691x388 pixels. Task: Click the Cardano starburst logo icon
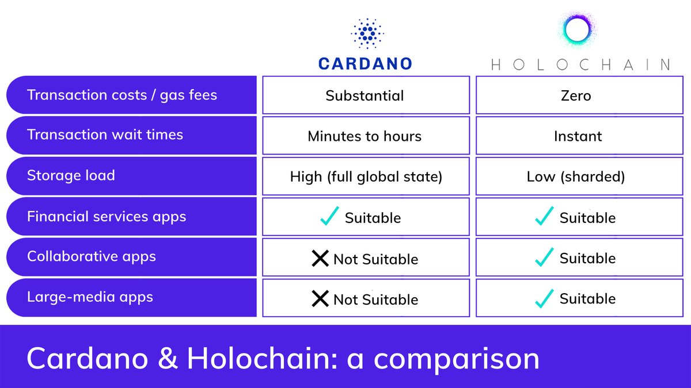click(x=366, y=33)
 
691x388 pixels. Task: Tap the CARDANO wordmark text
click(x=366, y=63)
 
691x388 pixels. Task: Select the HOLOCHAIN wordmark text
click(x=580, y=64)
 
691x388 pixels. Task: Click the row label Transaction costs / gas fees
click(x=122, y=95)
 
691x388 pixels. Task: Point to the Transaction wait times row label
click(x=105, y=135)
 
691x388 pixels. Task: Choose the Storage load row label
click(x=71, y=175)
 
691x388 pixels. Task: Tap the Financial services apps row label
click(x=107, y=217)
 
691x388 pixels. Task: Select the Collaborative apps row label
click(x=92, y=256)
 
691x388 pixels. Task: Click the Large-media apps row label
click(x=90, y=297)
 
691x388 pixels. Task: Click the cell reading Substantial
click(x=365, y=95)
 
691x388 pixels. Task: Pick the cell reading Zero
click(x=576, y=95)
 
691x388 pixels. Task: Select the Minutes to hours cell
click(x=365, y=136)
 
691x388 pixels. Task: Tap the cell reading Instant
click(x=578, y=136)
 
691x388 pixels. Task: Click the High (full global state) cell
click(x=366, y=176)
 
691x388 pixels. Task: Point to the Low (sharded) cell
click(x=576, y=176)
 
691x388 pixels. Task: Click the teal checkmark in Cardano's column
click(x=329, y=217)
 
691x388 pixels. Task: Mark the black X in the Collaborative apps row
click(x=320, y=259)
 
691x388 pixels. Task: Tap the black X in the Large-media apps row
click(x=320, y=299)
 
